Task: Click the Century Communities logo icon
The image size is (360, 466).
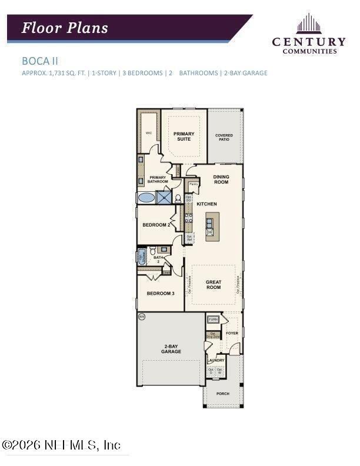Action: (x=308, y=24)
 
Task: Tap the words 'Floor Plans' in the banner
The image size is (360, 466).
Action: (x=65, y=28)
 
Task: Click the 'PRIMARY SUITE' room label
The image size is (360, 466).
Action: (x=184, y=137)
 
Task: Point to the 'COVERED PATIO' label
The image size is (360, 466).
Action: (x=224, y=138)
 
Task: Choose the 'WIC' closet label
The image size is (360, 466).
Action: (x=148, y=133)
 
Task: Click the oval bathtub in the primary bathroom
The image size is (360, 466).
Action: (x=146, y=198)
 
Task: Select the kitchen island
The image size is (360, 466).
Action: (x=209, y=224)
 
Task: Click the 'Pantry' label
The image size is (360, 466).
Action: (x=194, y=184)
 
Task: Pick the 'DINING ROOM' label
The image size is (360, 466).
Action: (x=221, y=179)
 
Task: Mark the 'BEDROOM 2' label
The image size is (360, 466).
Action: (x=156, y=225)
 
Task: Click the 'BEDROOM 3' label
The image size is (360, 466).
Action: (x=161, y=293)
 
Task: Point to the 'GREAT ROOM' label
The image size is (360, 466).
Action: (x=214, y=285)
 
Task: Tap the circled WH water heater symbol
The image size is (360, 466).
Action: (x=141, y=316)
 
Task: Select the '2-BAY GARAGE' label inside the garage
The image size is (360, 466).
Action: (x=171, y=349)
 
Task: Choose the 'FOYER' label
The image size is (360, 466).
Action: (x=232, y=333)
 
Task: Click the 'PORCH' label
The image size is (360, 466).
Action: (x=222, y=393)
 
